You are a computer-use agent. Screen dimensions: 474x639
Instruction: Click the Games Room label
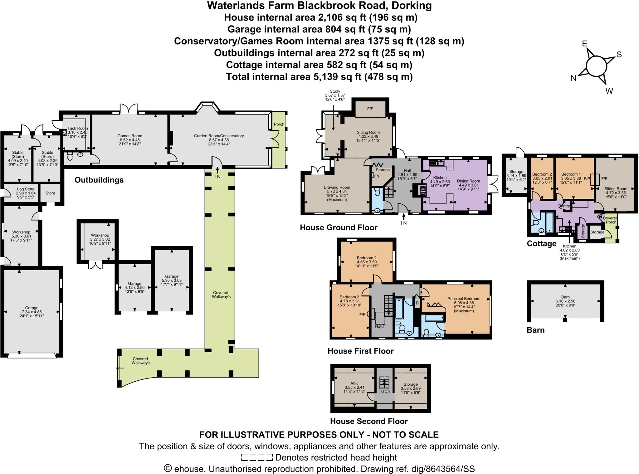pos(129,136)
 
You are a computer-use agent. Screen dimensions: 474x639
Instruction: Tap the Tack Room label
pos(78,128)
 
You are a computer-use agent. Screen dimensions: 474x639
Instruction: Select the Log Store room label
pos(26,189)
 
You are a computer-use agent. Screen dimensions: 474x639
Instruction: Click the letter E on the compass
pos(584,44)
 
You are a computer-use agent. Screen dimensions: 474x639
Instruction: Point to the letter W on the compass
pos(609,91)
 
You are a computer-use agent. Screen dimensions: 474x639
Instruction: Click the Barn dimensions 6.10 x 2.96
pos(565,301)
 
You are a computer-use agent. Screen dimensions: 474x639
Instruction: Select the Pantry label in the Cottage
pos(564,206)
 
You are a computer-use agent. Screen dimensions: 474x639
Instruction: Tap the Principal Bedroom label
pos(464,299)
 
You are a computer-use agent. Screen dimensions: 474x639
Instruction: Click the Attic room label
pos(354,383)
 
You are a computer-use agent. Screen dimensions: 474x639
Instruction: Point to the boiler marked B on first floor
pos(417,303)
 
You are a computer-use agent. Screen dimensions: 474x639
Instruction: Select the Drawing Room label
pos(337,188)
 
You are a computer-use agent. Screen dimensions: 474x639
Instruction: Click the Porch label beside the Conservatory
pos(279,124)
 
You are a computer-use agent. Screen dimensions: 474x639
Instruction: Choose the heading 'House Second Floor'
pos(369,421)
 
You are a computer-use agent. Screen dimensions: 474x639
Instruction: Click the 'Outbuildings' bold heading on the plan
pos(99,180)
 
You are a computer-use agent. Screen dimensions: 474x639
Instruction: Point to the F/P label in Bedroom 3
pos(362,315)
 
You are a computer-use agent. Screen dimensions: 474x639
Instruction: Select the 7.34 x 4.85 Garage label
pos(32,312)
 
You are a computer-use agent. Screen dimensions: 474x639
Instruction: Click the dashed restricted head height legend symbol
pos(257,457)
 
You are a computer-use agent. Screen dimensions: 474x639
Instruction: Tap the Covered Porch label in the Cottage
pos(610,220)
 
